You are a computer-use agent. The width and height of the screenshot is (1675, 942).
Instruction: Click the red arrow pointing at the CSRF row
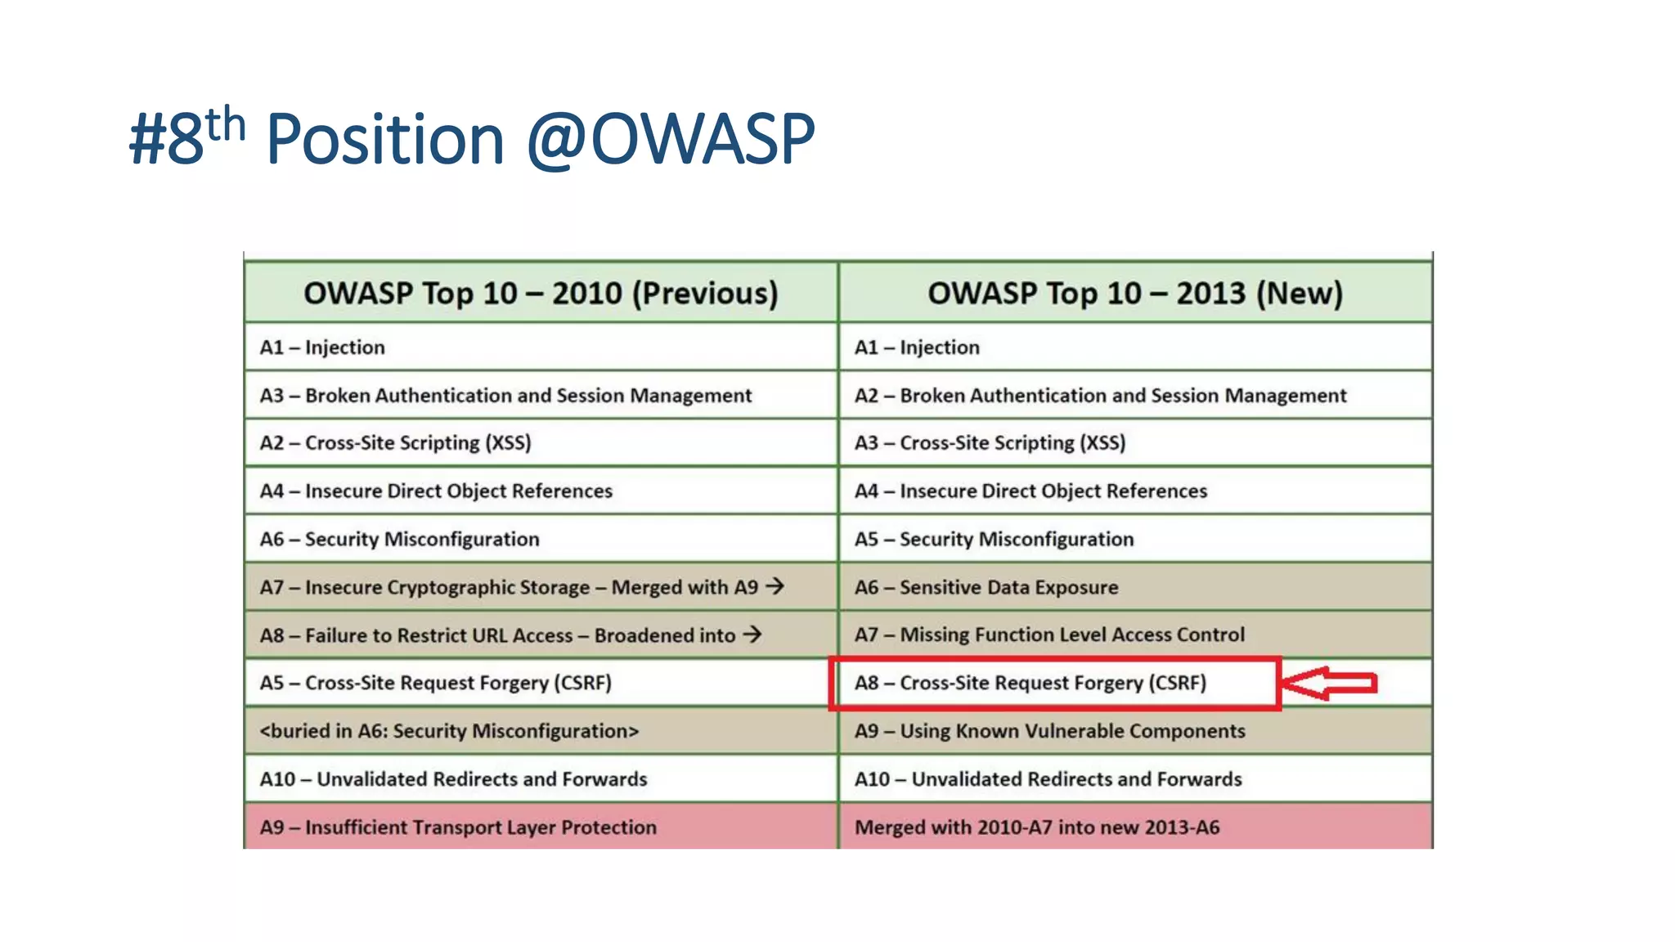point(1329,683)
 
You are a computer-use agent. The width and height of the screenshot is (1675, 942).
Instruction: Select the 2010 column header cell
point(541,293)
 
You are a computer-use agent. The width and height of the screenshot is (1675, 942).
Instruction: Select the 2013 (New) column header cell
point(1134,293)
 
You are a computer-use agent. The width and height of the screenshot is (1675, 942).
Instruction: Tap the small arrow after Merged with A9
point(775,586)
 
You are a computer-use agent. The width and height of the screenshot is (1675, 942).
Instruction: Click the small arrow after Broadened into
point(752,634)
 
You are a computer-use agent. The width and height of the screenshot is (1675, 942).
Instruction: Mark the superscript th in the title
point(226,124)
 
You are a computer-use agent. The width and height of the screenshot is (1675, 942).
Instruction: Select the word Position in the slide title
point(385,139)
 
